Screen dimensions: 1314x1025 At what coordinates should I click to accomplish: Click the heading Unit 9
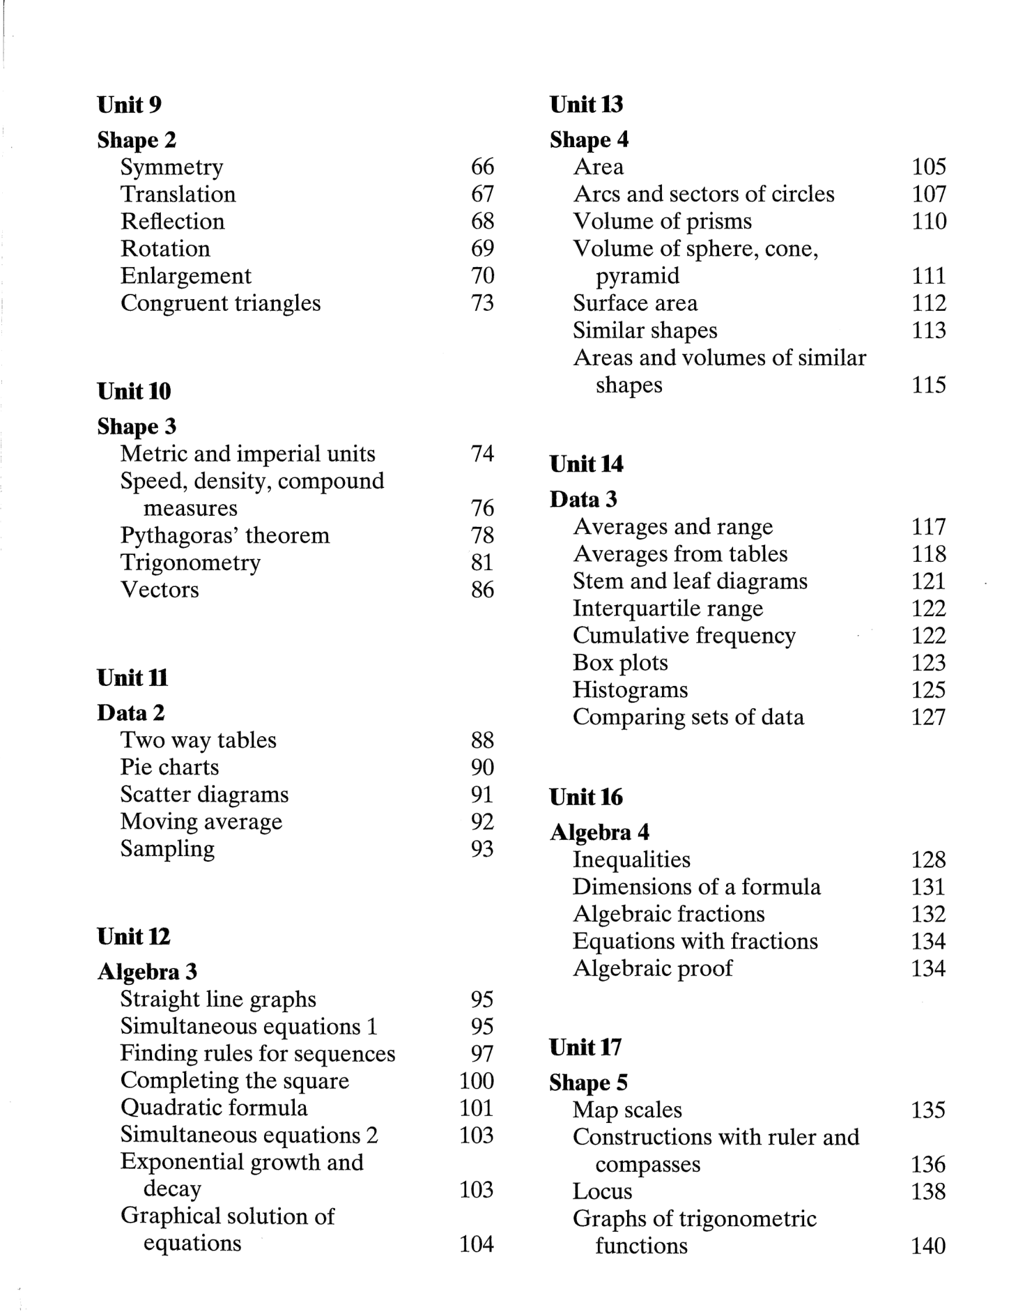(130, 105)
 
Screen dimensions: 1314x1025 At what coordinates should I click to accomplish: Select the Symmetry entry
(171, 167)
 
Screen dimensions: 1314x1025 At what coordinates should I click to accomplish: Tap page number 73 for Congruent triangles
(482, 303)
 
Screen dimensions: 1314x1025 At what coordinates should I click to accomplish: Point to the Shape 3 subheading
(137, 427)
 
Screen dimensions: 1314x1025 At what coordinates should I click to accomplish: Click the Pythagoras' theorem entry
(224, 535)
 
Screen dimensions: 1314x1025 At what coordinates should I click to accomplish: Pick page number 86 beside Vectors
(482, 590)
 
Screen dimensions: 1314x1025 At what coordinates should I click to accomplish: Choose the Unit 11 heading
(132, 678)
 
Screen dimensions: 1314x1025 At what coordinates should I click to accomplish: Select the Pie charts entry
(169, 767)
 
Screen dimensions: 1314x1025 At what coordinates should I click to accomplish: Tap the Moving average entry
(201, 822)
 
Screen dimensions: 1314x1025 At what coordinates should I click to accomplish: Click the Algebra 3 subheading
(147, 972)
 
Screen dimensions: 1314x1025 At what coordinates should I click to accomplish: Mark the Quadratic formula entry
(213, 1108)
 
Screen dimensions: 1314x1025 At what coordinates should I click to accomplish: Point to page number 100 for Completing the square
(477, 1081)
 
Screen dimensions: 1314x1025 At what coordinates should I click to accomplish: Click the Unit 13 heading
(586, 105)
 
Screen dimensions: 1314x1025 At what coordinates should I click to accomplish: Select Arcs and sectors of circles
(703, 194)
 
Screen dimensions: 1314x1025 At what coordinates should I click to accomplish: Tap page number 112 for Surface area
(929, 303)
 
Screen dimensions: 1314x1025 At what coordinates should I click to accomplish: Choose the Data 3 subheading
(583, 500)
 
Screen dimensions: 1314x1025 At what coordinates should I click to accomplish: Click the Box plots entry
(619, 663)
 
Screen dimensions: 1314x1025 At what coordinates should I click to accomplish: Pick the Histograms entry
(630, 690)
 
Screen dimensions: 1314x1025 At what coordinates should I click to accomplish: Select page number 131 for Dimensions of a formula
(928, 887)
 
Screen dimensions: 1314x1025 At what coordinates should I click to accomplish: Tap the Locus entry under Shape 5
(602, 1191)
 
